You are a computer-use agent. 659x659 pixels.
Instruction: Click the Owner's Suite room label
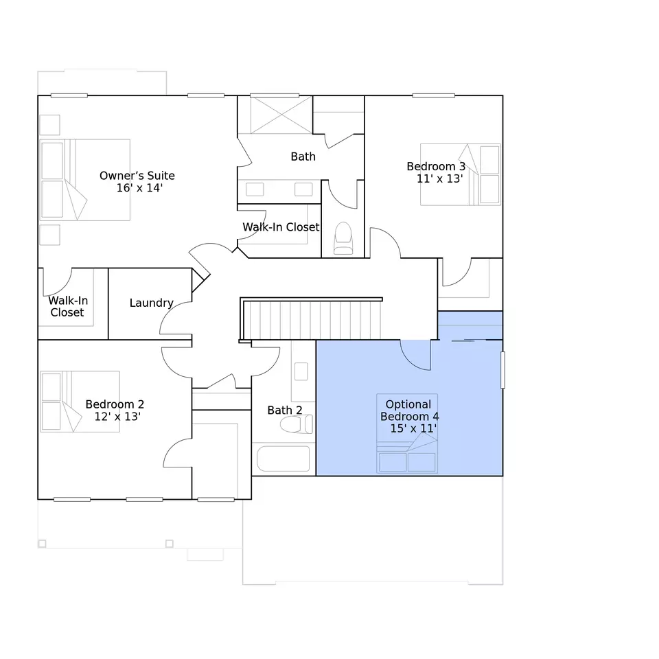point(137,176)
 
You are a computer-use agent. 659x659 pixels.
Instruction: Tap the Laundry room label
point(151,303)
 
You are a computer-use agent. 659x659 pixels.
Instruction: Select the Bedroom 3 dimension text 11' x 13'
point(439,178)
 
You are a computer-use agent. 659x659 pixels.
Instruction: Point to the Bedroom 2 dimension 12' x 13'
point(117,417)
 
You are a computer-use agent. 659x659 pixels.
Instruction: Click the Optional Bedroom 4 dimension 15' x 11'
point(413,428)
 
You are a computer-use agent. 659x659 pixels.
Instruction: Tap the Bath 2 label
point(284,411)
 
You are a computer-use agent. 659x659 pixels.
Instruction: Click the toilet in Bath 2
point(297,424)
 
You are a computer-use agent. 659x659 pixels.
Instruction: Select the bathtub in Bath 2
point(284,459)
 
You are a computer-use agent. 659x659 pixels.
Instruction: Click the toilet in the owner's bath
point(343,238)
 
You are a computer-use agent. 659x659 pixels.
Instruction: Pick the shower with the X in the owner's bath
point(281,115)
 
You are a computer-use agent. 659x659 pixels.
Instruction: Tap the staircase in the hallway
point(312,320)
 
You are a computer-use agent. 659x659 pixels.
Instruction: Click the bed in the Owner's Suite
point(85,180)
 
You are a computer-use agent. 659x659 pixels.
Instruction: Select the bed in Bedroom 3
point(461,174)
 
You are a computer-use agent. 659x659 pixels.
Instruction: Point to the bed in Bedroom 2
point(80,402)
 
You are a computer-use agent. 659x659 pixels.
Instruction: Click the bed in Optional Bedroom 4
point(407,433)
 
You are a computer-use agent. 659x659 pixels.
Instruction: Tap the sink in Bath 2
point(301,371)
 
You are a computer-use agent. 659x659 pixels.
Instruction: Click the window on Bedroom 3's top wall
point(433,96)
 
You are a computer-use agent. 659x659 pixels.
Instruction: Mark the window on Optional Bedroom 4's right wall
point(502,370)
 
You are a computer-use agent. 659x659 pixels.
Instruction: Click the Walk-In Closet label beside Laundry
point(68,306)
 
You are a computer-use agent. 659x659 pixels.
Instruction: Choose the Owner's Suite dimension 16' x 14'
point(139,188)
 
